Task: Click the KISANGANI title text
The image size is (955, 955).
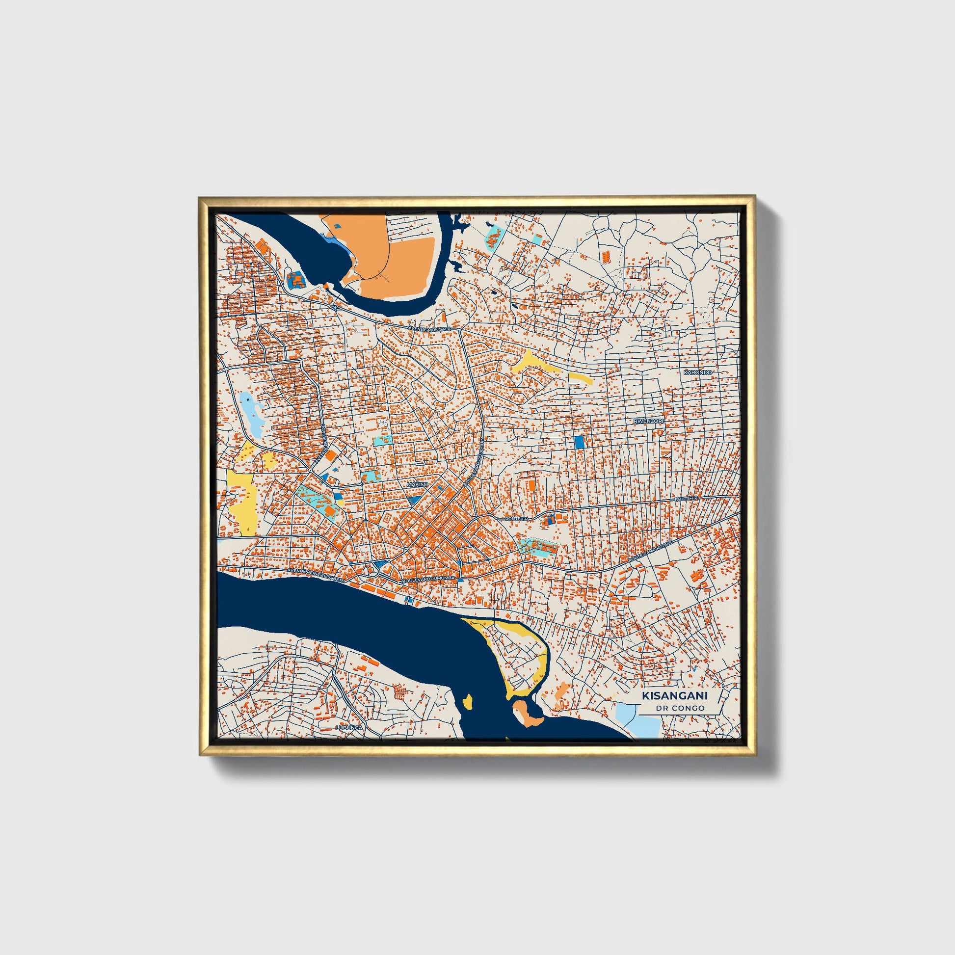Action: [x=674, y=695]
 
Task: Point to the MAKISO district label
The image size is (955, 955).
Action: [x=417, y=485]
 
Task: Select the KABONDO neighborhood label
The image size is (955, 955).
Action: [x=697, y=371]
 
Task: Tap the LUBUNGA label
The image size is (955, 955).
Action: [x=349, y=728]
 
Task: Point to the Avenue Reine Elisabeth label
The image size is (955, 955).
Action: [x=316, y=576]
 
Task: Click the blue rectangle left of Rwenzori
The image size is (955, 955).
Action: [x=579, y=441]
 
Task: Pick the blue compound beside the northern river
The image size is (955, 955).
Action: [x=296, y=280]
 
